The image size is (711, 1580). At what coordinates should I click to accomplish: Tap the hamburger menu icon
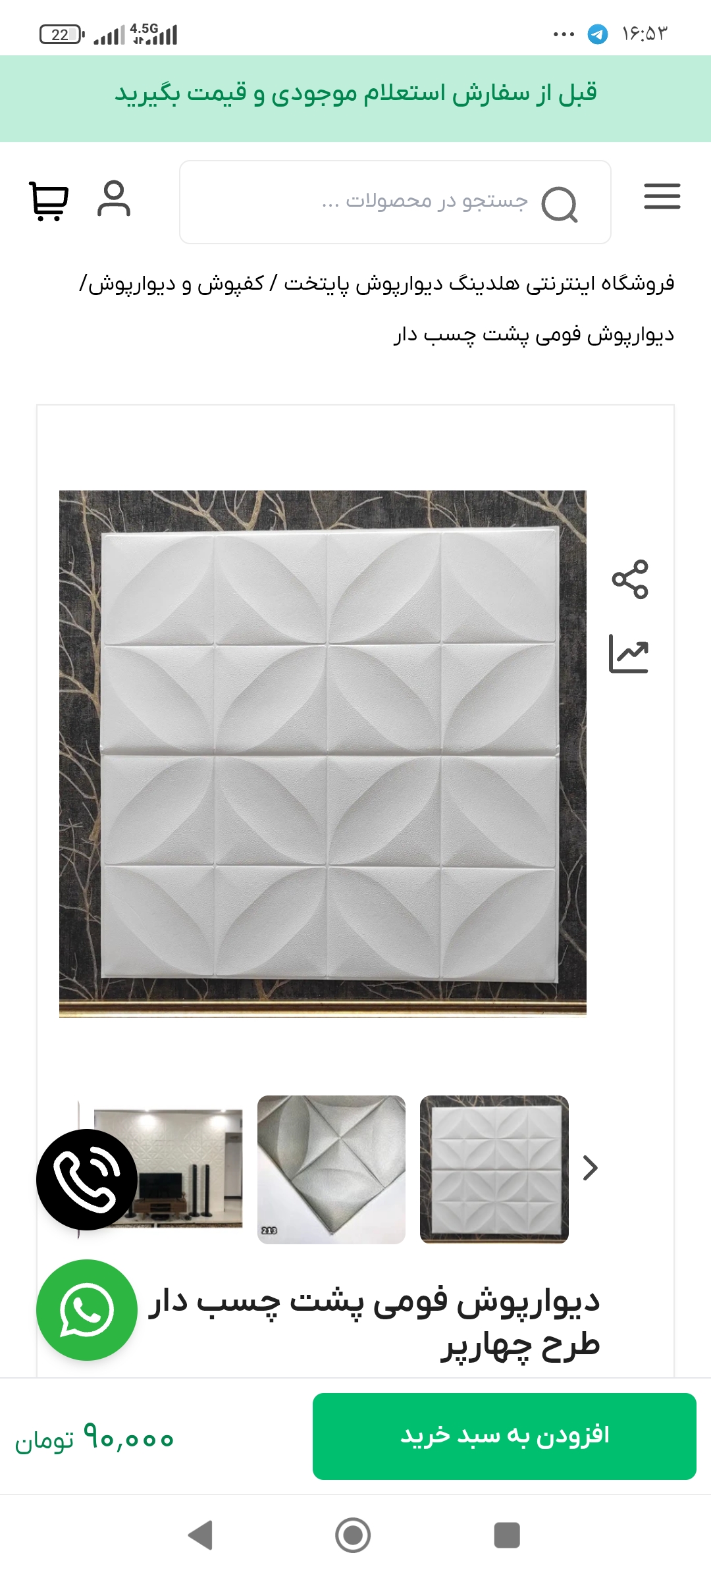662,196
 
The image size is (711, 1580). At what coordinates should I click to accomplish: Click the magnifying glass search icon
559,205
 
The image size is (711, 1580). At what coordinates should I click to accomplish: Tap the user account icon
114,198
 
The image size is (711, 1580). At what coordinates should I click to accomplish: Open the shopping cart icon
49,201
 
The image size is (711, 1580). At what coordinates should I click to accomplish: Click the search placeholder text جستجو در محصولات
425,200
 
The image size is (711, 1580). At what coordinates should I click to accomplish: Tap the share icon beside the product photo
630,579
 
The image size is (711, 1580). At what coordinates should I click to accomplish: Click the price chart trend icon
629,654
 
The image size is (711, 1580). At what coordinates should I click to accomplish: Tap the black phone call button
87,1180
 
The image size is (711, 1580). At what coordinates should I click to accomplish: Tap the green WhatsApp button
87,1310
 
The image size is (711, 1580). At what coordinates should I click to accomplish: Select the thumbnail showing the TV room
168,1169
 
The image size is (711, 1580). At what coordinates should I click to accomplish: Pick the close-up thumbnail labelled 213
331,1170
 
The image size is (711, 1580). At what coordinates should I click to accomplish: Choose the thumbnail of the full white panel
494,1169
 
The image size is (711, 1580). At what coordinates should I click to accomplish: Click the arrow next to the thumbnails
591,1168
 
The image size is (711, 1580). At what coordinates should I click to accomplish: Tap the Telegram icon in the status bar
598,34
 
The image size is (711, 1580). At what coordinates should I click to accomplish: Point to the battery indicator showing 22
62,34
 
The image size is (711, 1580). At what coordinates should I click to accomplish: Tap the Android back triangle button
201,1535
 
